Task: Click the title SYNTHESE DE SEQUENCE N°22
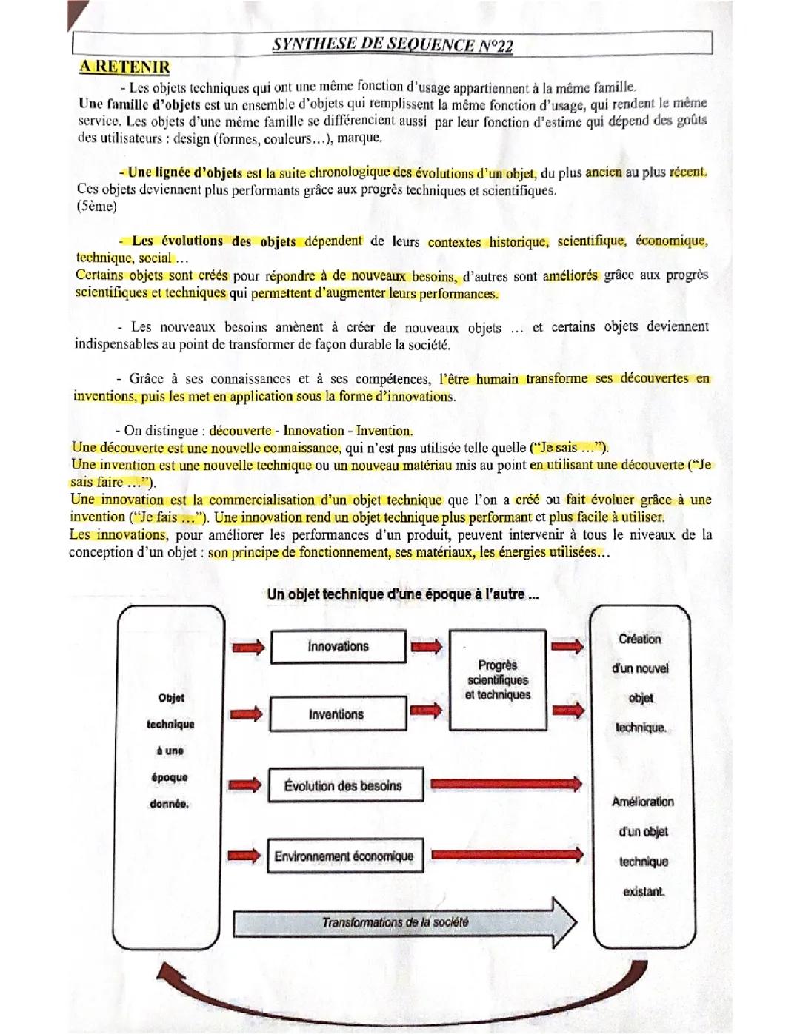coord(392,44)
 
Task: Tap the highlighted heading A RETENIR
coord(124,67)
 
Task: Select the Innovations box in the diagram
coord(338,647)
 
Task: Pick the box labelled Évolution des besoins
coord(343,785)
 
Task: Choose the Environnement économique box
coord(344,856)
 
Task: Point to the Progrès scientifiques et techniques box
coord(498,679)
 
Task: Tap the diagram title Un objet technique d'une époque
coord(402,594)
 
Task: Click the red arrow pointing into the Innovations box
coord(247,648)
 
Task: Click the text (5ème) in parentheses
coord(97,207)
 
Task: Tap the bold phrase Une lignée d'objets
coord(184,173)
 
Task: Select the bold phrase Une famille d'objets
coord(139,104)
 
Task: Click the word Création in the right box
coord(640,639)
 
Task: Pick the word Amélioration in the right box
coord(642,802)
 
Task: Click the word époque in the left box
coord(170,777)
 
